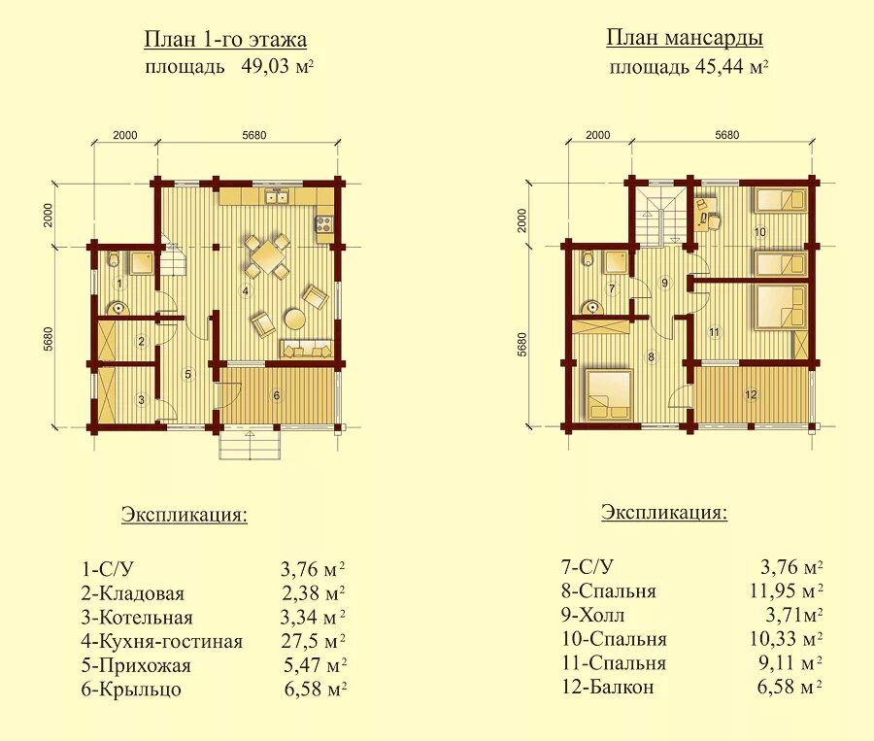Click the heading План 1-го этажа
coord(225,40)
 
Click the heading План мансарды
coord(685,38)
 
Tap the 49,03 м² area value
coord(277,67)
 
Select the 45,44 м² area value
coord(732,67)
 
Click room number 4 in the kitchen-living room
coord(245,290)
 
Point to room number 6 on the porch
coord(277,396)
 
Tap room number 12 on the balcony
coord(751,394)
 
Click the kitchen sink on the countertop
coord(277,197)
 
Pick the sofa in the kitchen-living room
coord(307,348)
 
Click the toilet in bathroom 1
coord(115,258)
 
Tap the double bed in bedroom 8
coord(609,394)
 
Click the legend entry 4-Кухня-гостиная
coord(162,641)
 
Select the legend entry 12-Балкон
coord(608,687)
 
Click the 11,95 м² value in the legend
coord(787,590)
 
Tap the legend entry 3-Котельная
coord(137,618)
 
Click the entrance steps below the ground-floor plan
coord(250,445)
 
